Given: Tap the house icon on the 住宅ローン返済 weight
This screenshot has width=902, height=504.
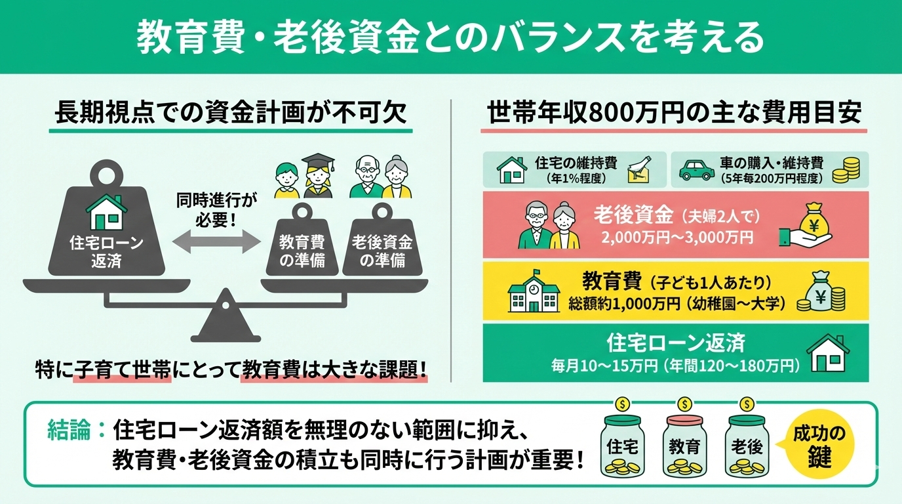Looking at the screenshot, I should click(x=106, y=211).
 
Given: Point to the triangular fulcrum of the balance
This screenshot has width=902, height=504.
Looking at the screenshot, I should click(x=226, y=320).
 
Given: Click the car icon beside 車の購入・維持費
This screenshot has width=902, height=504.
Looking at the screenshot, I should click(x=697, y=169).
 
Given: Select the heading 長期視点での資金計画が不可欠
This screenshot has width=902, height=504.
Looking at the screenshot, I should click(x=231, y=113).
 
